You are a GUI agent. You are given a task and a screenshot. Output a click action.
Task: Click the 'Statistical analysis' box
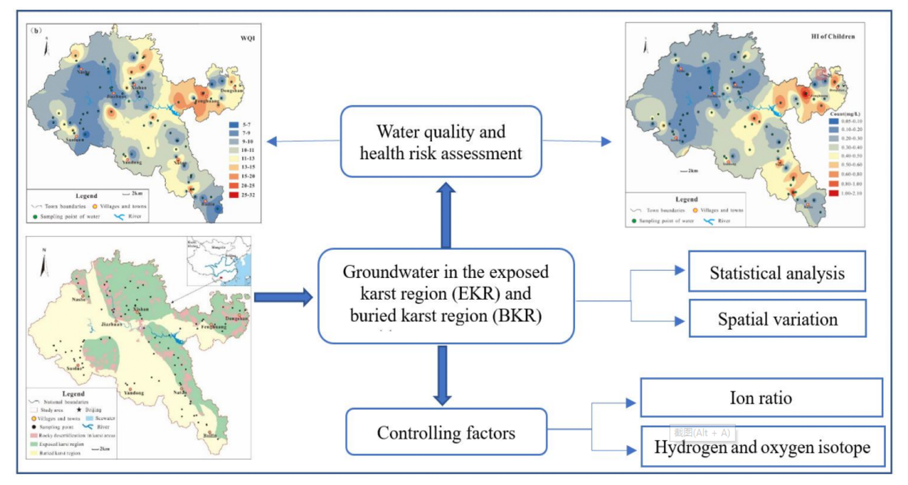(777, 272)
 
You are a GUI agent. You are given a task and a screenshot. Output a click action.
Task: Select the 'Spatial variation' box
(777, 319)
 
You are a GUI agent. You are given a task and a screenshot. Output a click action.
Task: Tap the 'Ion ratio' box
(761, 397)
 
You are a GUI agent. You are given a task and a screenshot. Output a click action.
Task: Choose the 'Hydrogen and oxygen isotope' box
(761, 446)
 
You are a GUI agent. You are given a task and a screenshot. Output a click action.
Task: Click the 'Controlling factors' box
(446, 432)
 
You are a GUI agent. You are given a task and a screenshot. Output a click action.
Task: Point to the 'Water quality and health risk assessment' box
(441, 141)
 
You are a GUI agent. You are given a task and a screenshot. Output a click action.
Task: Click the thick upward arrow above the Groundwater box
(446, 213)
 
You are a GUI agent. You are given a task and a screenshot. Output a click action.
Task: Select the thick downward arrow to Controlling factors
(442, 375)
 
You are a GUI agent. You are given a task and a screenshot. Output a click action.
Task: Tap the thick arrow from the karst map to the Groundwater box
(283, 297)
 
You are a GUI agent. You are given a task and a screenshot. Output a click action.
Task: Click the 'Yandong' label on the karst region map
(134, 393)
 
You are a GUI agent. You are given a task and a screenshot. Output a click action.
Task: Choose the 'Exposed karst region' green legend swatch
(34, 444)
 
